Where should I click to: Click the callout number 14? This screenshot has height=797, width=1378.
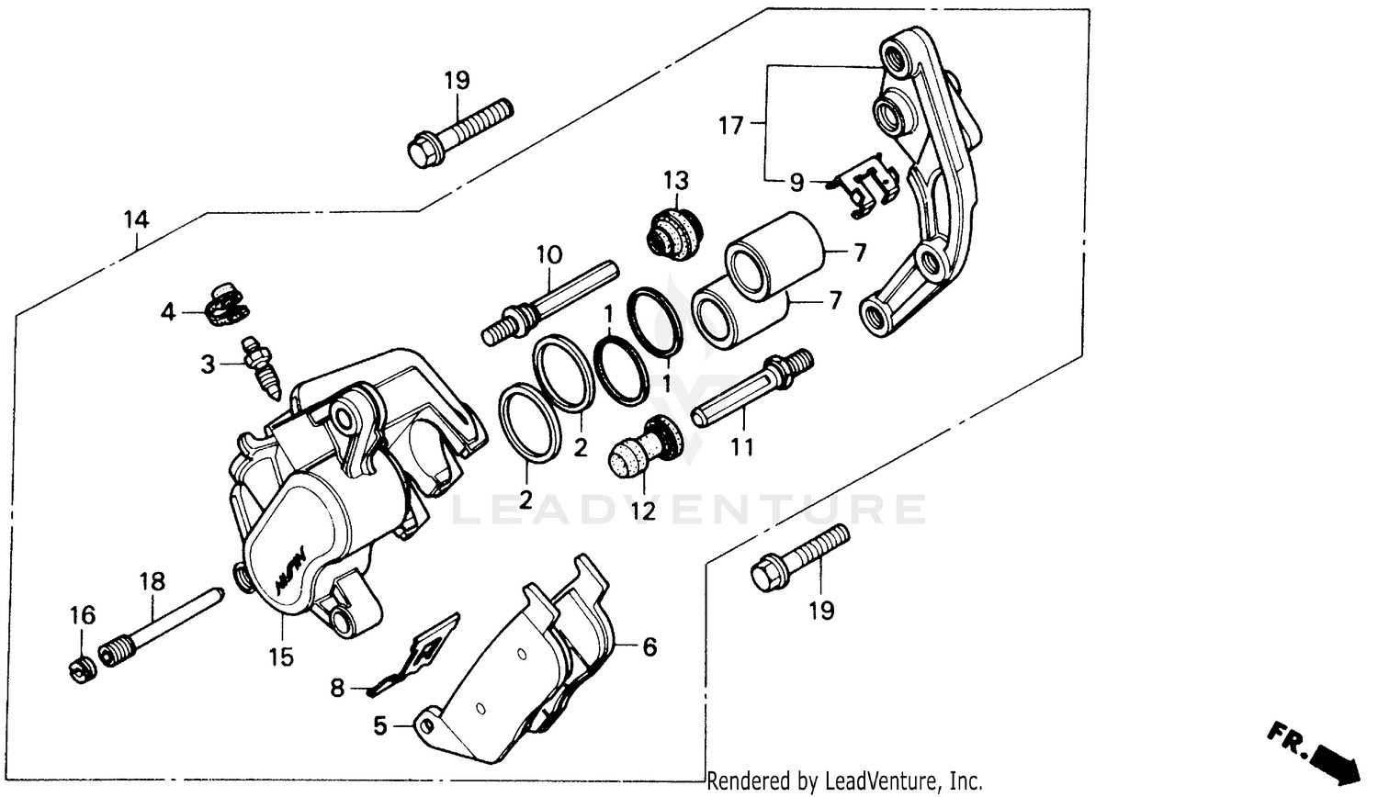[x=136, y=219]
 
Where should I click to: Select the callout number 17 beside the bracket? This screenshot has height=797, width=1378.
[x=731, y=125]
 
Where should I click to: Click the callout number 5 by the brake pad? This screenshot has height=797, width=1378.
[x=380, y=726]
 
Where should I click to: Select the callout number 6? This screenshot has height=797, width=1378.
[x=649, y=647]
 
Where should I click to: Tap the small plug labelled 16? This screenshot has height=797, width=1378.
[x=81, y=669]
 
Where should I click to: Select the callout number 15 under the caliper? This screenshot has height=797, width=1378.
[x=281, y=657]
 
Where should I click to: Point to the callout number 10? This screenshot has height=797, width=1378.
[x=548, y=254]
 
